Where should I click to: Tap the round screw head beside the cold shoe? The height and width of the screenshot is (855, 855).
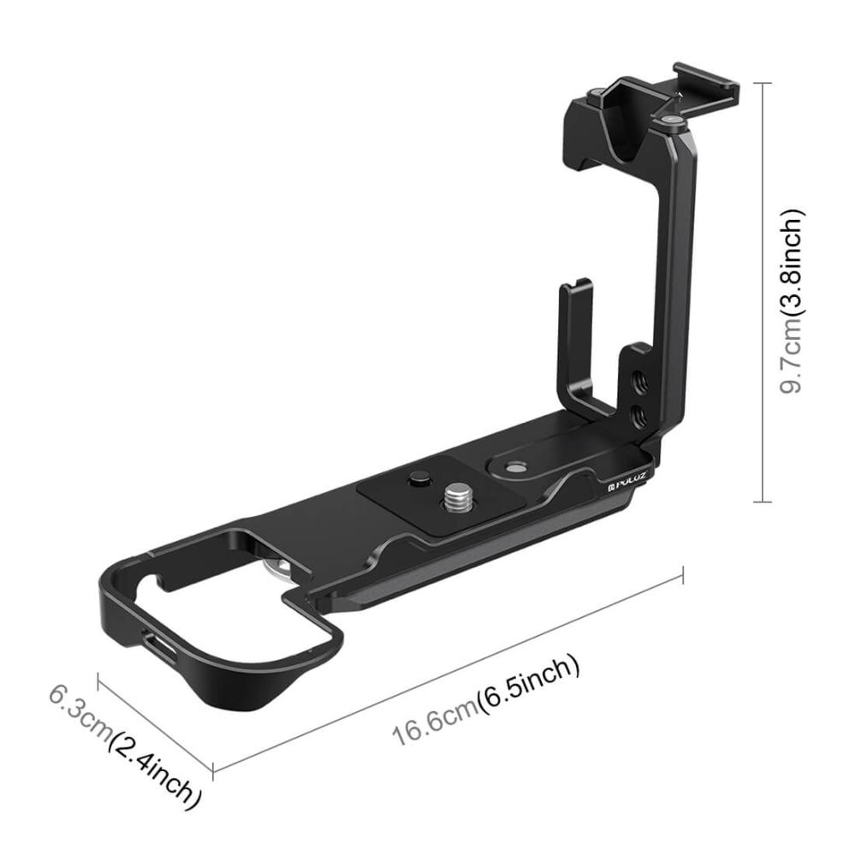674,123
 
